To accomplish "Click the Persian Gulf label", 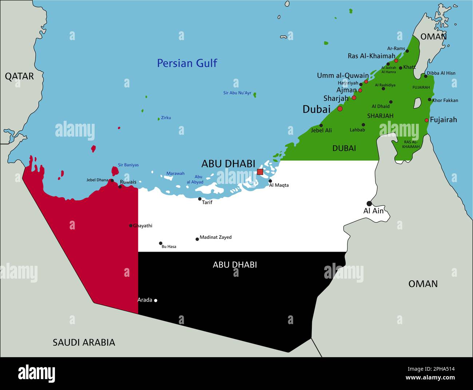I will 187,63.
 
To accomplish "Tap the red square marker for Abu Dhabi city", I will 260,172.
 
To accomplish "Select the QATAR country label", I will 19,76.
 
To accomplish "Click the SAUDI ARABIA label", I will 84,342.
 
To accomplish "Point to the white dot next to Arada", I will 156,300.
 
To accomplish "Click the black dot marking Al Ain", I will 369,204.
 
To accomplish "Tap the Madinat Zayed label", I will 215,237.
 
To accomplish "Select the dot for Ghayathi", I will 131,226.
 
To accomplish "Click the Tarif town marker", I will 200,199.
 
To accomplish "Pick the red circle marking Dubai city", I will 340,109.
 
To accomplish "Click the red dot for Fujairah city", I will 426,120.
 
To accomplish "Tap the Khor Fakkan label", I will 445,101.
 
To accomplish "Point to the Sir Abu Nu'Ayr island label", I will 237,93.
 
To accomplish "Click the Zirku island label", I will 166,118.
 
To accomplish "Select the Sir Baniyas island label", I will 128,165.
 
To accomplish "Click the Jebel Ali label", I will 321,130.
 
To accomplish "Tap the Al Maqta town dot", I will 270,181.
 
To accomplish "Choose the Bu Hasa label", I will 169,247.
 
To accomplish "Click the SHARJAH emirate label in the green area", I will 380,116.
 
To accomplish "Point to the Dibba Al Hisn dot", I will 425,76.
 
